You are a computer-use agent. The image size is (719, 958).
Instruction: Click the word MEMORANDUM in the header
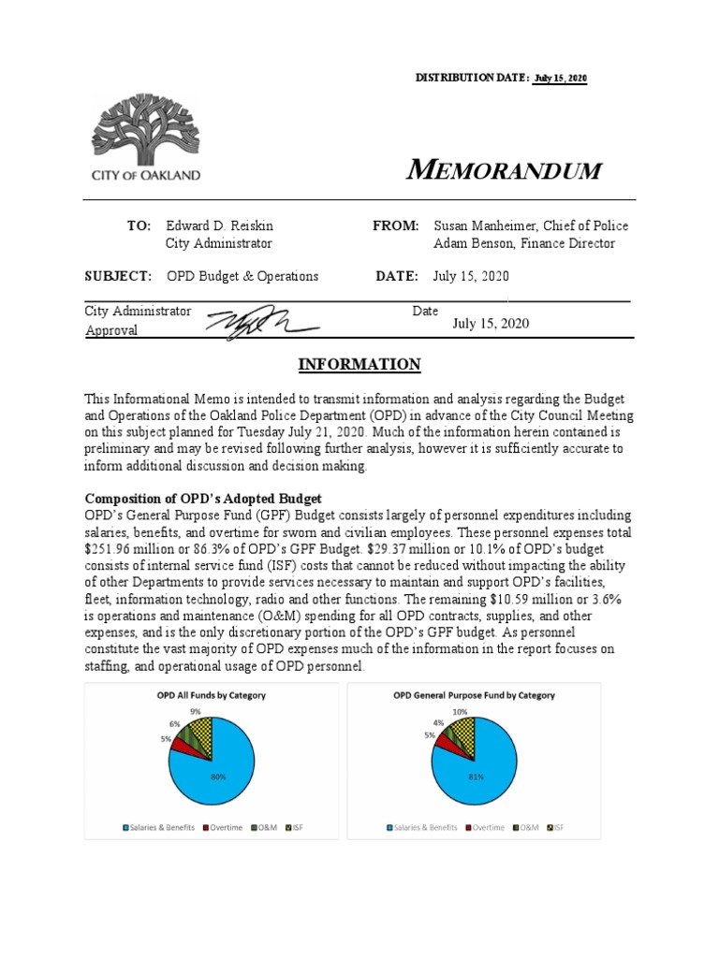504,170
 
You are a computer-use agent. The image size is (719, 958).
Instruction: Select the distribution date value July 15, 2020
561,78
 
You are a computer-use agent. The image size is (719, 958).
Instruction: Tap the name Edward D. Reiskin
220,225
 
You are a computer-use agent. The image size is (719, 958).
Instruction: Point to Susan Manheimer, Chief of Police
531,225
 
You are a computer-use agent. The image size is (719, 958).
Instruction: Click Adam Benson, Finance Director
524,243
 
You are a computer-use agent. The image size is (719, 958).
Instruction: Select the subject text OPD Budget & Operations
242,276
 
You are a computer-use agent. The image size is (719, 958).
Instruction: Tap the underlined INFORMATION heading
359,364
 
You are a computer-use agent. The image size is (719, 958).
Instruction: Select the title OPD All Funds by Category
211,695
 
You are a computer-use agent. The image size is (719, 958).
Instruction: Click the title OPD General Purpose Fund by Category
474,695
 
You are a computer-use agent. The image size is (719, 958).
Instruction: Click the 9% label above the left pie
195,712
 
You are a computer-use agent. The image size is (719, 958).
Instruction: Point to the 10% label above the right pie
459,712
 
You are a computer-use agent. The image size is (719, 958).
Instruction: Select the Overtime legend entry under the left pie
223,827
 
